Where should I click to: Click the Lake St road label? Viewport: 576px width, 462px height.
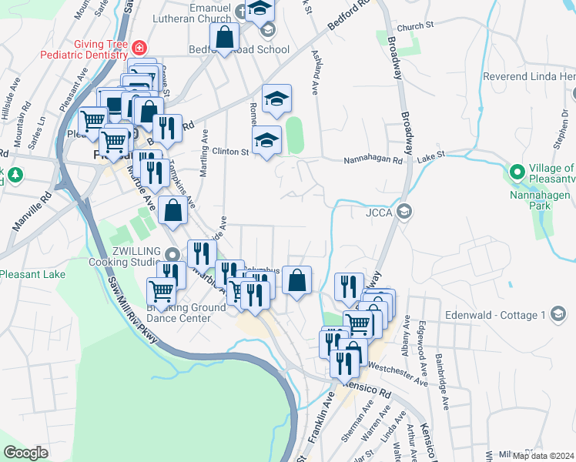tap(431, 156)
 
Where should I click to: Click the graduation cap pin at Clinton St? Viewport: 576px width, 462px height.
tap(267, 140)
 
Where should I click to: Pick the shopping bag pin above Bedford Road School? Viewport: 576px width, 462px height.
tap(224, 36)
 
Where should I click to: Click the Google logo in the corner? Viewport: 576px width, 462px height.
tap(25, 453)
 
